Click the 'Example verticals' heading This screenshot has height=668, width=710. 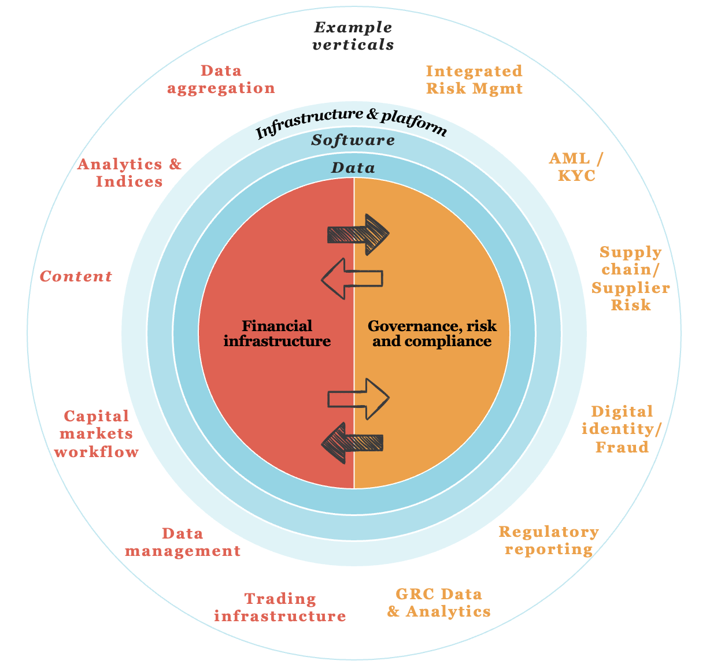point(353,36)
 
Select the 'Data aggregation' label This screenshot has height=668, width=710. point(221,80)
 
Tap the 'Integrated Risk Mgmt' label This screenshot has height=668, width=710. point(474,80)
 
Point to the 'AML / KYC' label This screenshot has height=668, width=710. point(576,167)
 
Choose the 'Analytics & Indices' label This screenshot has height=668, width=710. point(130,173)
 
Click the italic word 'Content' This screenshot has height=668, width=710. point(76,277)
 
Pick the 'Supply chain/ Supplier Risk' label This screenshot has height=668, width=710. point(631,279)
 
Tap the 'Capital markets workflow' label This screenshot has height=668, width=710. point(97,434)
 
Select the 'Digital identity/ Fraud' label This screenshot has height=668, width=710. point(622,429)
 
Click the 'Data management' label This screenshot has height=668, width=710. point(183,542)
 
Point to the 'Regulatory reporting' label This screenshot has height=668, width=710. point(549,540)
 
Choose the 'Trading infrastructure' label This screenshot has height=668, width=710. point(280,607)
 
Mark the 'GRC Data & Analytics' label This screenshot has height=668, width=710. point(439,603)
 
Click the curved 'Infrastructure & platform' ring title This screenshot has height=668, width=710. point(351,123)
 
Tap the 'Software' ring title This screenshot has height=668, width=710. point(353,140)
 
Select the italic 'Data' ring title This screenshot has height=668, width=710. point(353,168)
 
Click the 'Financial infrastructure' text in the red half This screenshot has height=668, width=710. point(277,333)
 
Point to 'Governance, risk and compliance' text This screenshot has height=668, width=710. point(432,333)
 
